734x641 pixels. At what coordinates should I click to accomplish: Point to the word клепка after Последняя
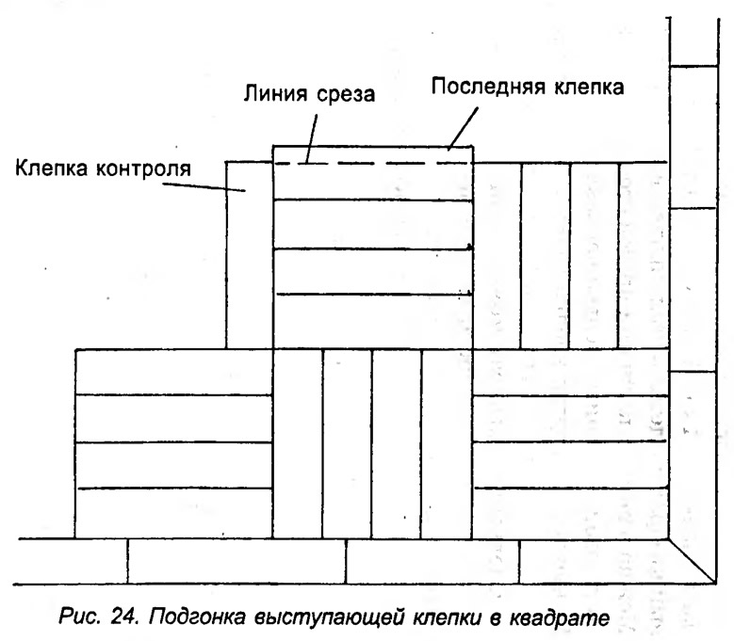click(x=589, y=87)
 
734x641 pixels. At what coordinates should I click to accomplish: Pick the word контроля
click(x=144, y=168)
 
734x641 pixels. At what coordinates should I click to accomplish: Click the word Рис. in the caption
click(x=79, y=617)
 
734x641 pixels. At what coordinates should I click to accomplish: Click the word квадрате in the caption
click(x=559, y=618)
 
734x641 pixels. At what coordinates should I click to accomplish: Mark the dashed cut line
click(x=372, y=163)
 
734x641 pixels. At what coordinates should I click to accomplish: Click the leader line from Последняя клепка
click(x=463, y=129)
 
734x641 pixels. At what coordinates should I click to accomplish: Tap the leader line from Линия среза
click(x=311, y=139)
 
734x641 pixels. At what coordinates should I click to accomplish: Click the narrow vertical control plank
click(x=250, y=255)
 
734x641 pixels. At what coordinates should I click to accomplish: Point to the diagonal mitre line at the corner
click(x=692, y=561)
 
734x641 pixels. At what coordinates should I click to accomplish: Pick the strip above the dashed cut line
click(x=372, y=154)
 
